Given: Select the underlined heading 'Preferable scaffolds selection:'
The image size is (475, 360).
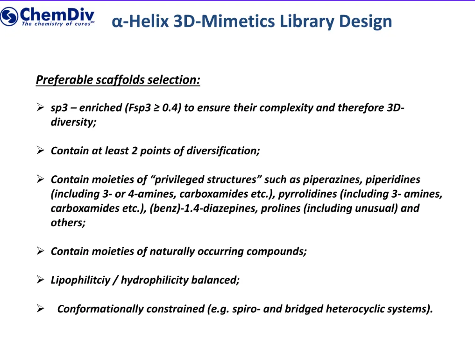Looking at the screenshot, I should [118, 80].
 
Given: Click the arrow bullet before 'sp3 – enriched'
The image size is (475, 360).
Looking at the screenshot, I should [41, 108].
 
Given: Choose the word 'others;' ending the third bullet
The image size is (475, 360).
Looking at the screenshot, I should [68, 223].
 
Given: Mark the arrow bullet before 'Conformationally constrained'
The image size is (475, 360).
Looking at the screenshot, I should [41, 309].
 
